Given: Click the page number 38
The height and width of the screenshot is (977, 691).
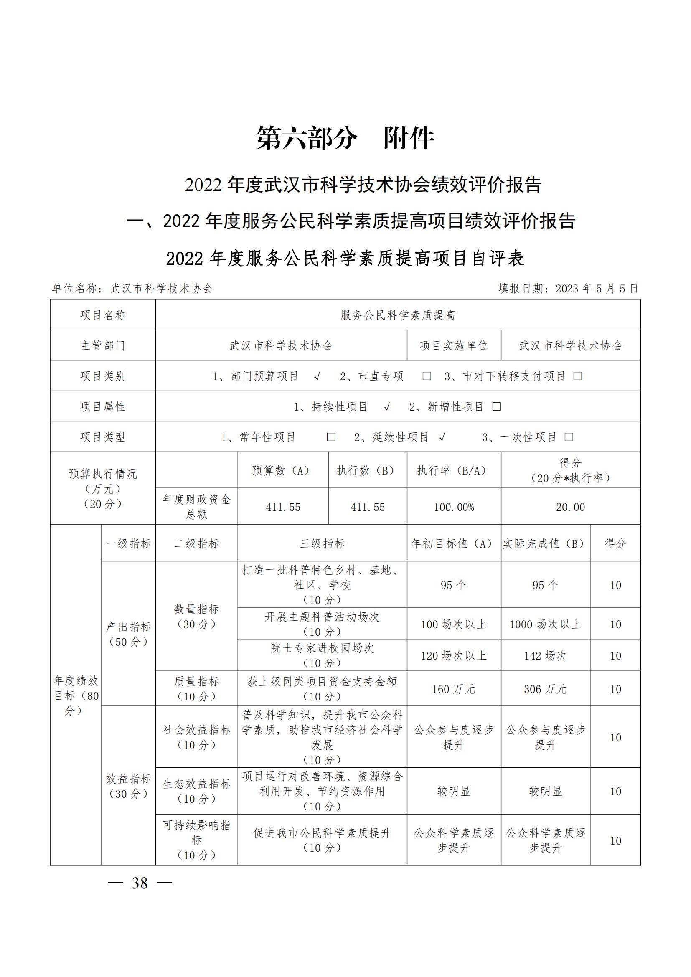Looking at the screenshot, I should [x=140, y=883].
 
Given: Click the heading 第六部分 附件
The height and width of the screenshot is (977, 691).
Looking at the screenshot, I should [x=345, y=138].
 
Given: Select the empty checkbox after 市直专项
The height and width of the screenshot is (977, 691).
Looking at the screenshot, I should [x=427, y=376].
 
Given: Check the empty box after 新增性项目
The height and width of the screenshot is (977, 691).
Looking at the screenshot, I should [x=497, y=407].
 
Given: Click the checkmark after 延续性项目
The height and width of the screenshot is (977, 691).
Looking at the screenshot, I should [x=442, y=437].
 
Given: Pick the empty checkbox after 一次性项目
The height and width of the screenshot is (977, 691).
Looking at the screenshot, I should [x=569, y=437].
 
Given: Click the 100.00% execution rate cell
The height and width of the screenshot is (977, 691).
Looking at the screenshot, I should [x=454, y=507].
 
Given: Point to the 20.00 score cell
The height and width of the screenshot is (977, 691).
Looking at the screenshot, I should [x=570, y=507].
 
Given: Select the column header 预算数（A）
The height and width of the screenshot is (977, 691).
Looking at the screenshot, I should [x=283, y=470].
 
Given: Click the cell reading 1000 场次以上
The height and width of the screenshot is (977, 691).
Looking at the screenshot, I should [x=545, y=624].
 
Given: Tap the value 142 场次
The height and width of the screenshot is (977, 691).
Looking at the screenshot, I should [x=545, y=656].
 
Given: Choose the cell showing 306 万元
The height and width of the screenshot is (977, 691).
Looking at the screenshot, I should [x=545, y=689].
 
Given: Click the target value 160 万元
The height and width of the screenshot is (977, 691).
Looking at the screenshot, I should [x=454, y=689].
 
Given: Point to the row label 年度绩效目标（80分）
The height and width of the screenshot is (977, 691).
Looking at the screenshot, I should [x=76, y=695].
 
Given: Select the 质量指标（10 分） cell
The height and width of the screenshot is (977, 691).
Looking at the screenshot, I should [x=196, y=689].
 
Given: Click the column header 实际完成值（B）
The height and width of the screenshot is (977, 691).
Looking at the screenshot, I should [x=545, y=543].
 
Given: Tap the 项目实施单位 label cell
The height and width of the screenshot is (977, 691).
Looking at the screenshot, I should [x=454, y=345].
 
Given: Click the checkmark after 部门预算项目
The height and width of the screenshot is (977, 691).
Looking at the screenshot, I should [x=317, y=376].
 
